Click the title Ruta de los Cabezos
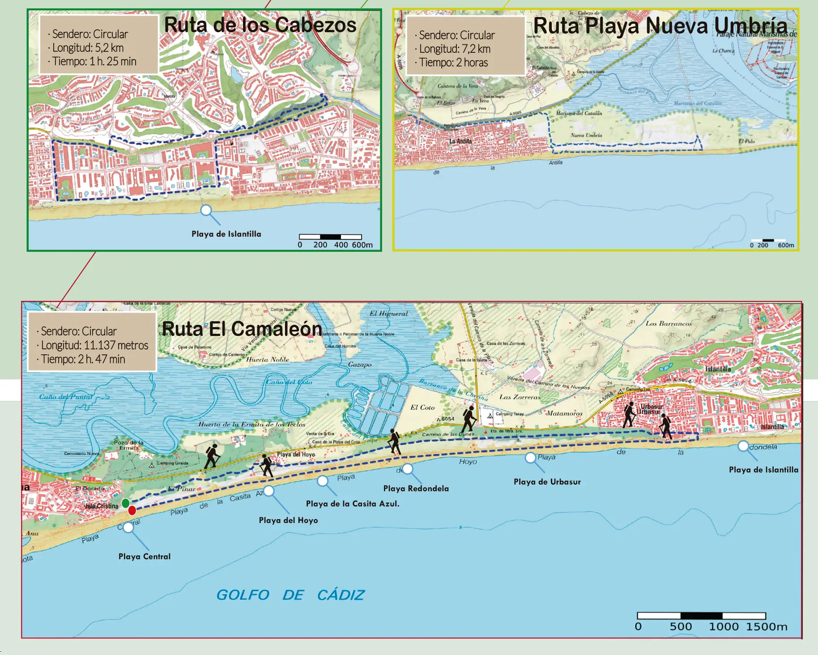260,25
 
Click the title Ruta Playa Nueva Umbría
660,26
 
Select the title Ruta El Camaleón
242,329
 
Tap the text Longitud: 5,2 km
88,48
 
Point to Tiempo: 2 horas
453,63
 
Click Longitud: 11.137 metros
94,345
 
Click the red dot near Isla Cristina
132,510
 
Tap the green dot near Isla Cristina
126,503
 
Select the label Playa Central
145,557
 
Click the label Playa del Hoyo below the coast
288,520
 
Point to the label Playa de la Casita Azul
353,504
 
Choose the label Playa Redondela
416,489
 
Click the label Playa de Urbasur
547,482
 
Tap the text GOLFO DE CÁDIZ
290,595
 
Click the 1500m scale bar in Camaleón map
701,616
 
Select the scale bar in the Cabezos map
330,237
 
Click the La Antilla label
460,141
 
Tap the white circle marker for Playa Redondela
407,469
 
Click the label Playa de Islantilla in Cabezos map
226,234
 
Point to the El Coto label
422,408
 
